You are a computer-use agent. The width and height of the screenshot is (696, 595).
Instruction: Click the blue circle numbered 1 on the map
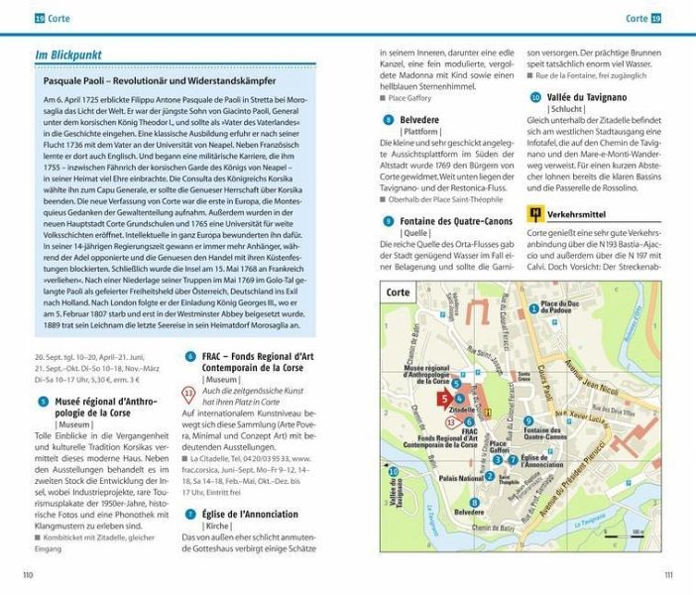533,308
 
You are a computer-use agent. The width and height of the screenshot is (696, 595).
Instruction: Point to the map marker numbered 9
528,420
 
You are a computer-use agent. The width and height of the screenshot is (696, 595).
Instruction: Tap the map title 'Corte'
398,294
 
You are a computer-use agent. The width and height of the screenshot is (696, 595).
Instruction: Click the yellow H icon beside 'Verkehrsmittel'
535,212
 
